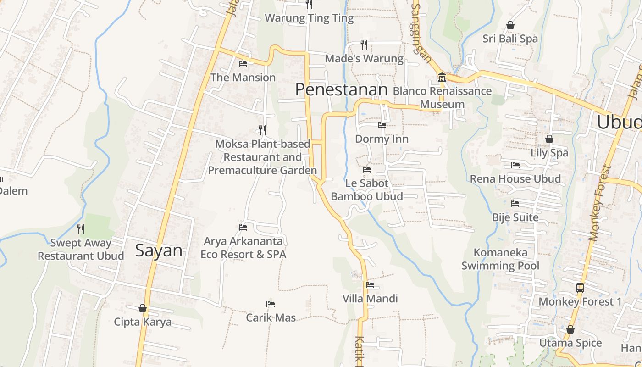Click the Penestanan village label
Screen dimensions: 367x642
pyautogui.click(x=341, y=89)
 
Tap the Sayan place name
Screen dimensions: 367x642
pyautogui.click(x=159, y=250)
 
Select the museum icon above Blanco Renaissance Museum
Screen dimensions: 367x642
pyautogui.click(x=442, y=77)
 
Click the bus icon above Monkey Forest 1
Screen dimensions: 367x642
pyautogui.click(x=580, y=288)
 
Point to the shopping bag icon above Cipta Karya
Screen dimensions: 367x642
pyautogui.click(x=143, y=308)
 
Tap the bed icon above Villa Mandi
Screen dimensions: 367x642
pyautogui.click(x=370, y=285)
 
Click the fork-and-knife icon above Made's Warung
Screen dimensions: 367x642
pyautogui.click(x=364, y=44)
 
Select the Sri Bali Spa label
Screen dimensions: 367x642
pyautogui.click(x=510, y=39)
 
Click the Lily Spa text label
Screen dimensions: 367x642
pyautogui.click(x=549, y=153)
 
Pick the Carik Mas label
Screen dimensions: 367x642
pyautogui.click(x=271, y=317)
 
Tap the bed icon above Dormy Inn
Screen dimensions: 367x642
pyautogui.click(x=382, y=125)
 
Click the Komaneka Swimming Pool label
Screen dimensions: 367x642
pyautogui.click(x=500, y=259)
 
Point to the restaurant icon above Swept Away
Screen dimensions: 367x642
pyautogui.click(x=81, y=229)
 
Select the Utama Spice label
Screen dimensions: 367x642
pyautogui.click(x=570, y=343)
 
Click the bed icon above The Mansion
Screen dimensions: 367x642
pyautogui.click(x=243, y=64)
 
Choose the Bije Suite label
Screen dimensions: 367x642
pyautogui.click(x=515, y=217)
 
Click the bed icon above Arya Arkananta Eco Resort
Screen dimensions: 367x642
pyautogui.click(x=243, y=228)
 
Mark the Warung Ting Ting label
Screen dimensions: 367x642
pyautogui.click(x=310, y=18)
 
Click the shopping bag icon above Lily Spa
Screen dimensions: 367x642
pyautogui.click(x=549, y=139)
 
